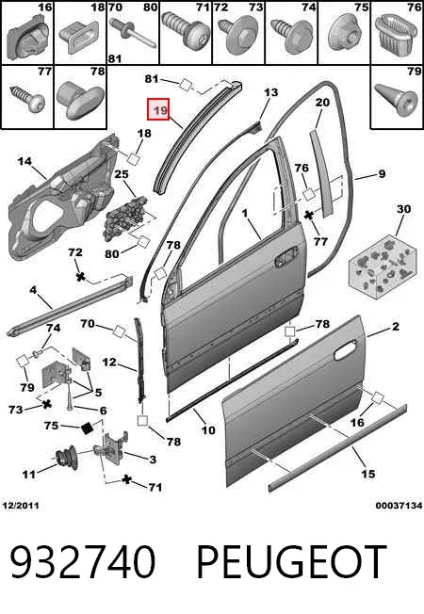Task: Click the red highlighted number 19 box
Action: point(158,109)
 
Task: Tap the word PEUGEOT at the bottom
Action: point(292,561)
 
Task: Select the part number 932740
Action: point(83,561)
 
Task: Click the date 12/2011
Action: point(21,506)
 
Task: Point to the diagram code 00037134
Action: point(399,506)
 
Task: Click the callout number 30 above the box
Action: point(403,209)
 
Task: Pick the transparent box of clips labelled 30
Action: point(382,267)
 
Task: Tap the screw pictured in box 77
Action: point(27,96)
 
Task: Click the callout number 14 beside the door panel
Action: point(24,161)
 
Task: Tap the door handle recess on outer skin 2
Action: point(347,348)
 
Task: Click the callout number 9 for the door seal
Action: point(382,173)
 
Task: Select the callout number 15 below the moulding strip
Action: point(368,474)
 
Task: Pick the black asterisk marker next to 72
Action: point(81,277)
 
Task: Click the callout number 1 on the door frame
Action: point(245,214)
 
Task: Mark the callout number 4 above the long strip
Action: point(33,290)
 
